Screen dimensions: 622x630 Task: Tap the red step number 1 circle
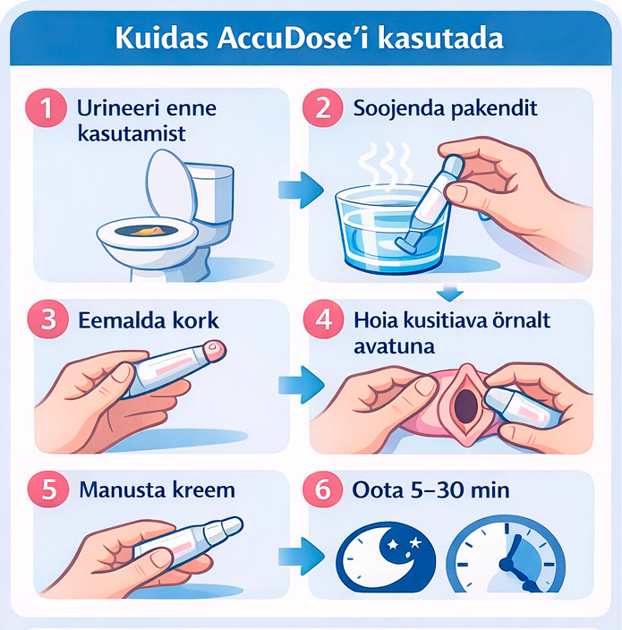pos(46,107)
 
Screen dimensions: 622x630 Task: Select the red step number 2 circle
pos(323,107)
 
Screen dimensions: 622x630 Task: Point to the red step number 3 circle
pos(48,319)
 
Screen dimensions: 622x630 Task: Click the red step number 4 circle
pos(324,319)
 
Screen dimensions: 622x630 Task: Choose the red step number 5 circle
pos(48,490)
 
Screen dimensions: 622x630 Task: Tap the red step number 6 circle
pos(323,490)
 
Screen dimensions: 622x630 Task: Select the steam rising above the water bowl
pos(385,164)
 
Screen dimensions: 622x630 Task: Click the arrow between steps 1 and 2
pos(301,190)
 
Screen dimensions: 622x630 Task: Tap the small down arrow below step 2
pos(449,293)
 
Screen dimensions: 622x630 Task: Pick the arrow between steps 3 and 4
pos(302,385)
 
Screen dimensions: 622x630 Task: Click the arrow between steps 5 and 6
pos(302,556)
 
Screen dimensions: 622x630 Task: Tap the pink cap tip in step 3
pos(215,351)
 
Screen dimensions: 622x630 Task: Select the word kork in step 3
pos(195,320)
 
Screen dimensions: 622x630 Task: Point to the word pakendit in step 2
pos(495,108)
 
